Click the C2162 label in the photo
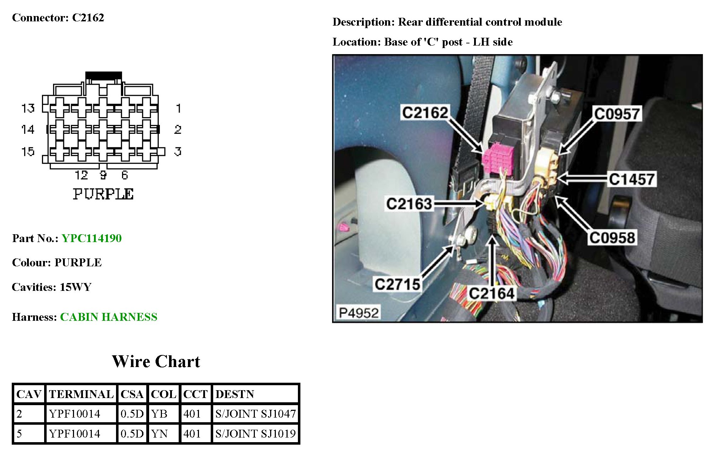coord(425,112)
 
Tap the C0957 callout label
coord(617,114)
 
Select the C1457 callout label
coord(632,179)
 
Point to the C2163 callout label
coord(409,204)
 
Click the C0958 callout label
coord(612,238)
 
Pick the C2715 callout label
coord(398,284)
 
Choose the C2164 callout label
coord(492,293)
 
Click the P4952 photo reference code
coord(358,313)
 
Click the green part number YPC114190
coord(91,238)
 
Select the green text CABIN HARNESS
coord(109,317)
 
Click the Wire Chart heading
coord(156,361)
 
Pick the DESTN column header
coord(235,394)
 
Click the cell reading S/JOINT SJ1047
coord(255,414)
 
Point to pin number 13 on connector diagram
coord(28,108)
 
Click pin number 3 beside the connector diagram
coord(178,152)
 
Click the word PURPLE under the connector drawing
coord(103,194)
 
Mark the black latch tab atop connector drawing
coord(104,75)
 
